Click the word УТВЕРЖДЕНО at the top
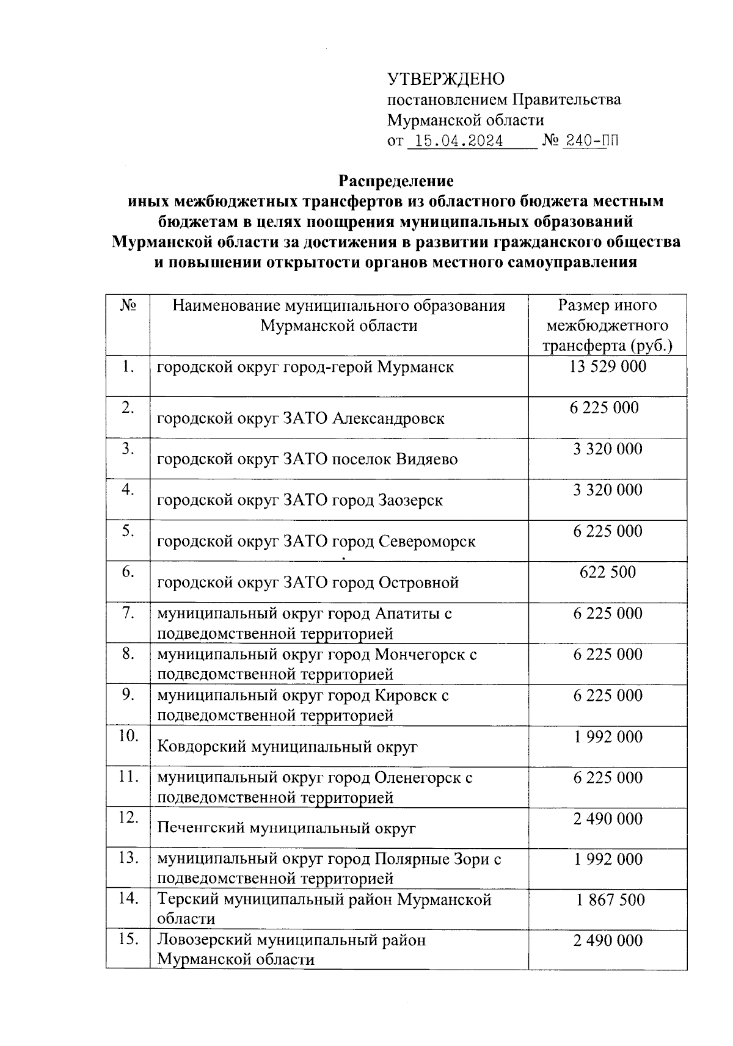[446, 79]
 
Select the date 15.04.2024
[458, 142]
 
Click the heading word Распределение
[396, 181]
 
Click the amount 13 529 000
[607, 366]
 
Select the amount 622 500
[607, 572]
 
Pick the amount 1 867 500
[610, 899]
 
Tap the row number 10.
[128, 736]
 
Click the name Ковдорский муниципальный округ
[287, 746]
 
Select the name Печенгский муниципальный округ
[286, 828]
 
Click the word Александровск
[388, 418]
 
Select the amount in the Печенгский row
[607, 818]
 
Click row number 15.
[128, 940]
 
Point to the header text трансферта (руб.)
[607, 346]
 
